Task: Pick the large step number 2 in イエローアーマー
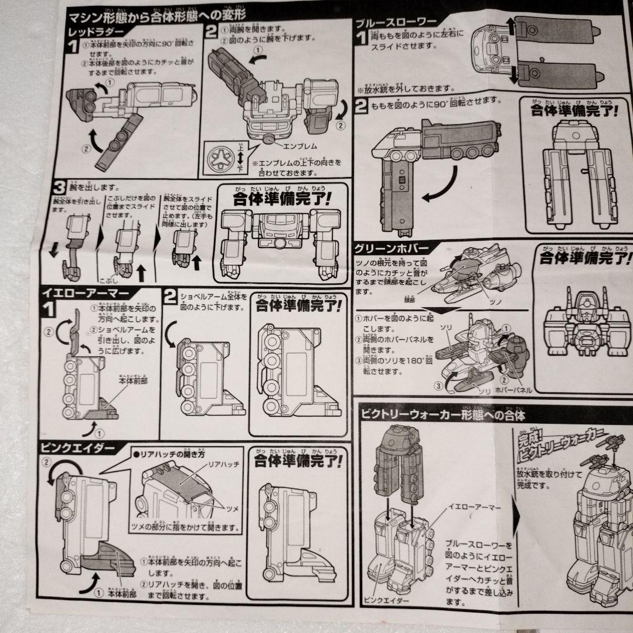(x=169, y=297)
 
